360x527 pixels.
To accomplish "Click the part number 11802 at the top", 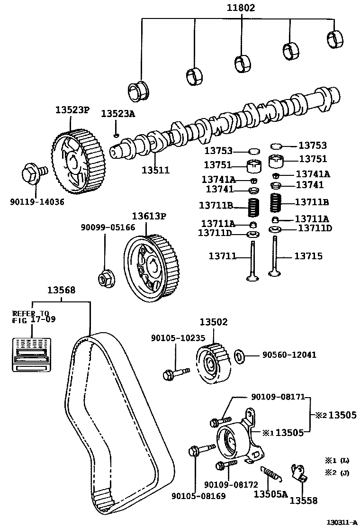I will pos(241,8).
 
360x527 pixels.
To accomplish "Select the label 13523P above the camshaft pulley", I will pos(72,109).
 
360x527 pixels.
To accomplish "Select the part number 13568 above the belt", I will pos(60,291).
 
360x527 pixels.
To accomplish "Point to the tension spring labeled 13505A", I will pos(270,474).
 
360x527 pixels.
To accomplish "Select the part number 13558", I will pos(303,500).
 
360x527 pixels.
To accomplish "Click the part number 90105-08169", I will pos(198,496).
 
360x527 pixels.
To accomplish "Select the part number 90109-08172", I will pos(231,485).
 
